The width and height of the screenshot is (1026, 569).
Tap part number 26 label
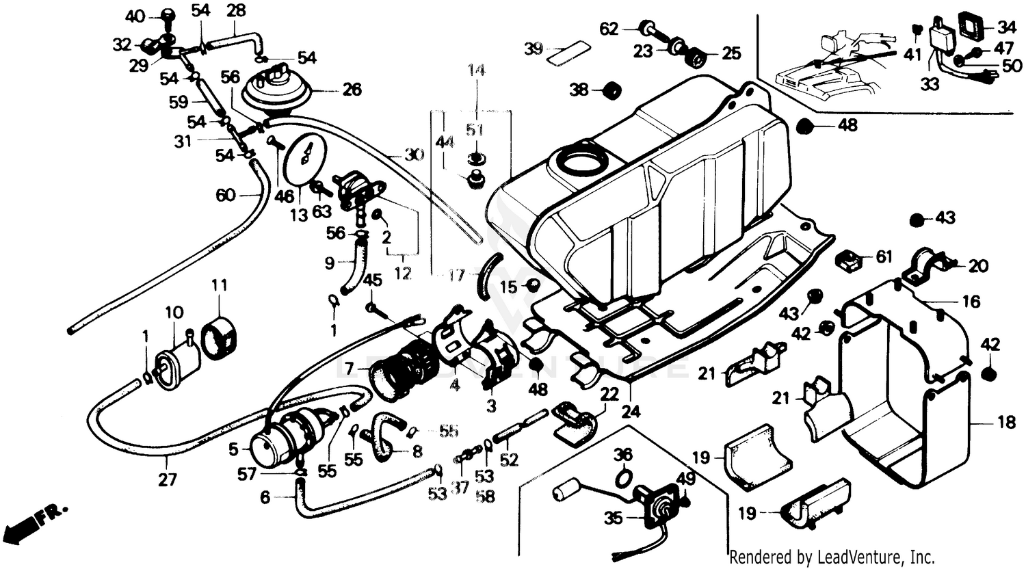352,90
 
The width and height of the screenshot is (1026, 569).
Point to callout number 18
1006,423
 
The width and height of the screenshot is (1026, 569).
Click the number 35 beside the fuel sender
614,518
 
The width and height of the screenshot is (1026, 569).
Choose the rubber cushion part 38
608,90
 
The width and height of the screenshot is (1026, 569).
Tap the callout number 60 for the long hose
226,196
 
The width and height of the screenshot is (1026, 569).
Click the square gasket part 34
963,28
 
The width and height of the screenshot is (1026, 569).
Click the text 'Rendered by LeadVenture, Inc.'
832,556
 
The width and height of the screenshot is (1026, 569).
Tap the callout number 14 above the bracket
476,70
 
